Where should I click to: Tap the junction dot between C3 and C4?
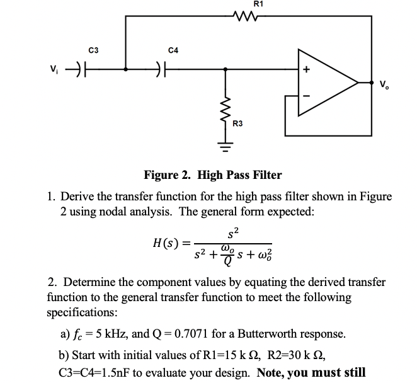pos(127,69)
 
